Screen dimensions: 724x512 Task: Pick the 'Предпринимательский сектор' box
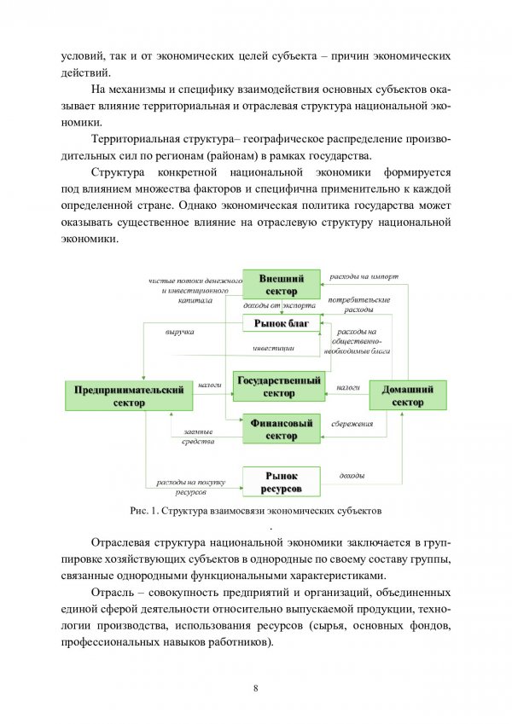129,396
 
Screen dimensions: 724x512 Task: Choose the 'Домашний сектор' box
407,396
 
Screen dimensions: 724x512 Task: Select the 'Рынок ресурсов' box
281,481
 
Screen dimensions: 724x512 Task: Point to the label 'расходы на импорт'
364,277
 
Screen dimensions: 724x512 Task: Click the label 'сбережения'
352,424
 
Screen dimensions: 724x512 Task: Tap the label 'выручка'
179,331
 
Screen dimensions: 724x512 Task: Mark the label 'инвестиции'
273,348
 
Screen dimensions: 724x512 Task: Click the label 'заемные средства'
198,437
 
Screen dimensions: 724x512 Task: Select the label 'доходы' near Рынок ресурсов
352,474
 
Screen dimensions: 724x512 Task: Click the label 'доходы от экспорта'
279,305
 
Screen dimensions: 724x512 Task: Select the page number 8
256,689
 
